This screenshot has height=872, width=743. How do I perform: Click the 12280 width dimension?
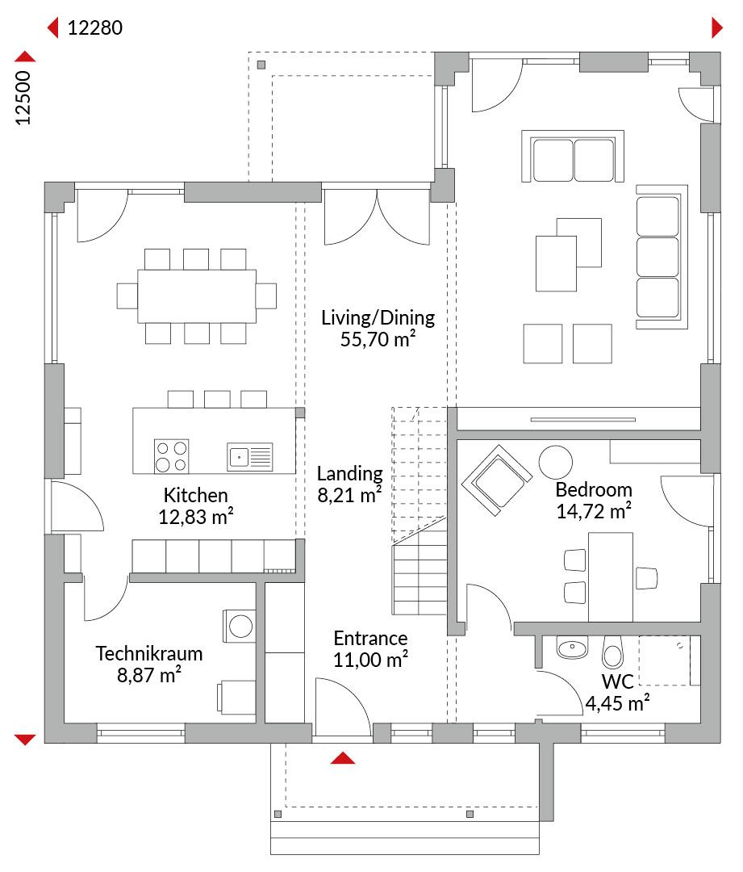click(95, 27)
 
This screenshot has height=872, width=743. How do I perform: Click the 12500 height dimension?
click(23, 98)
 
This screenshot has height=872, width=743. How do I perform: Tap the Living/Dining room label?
click(378, 317)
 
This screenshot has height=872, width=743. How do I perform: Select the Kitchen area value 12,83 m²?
click(195, 517)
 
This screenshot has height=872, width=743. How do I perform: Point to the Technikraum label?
click(149, 653)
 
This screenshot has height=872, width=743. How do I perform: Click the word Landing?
click(349, 474)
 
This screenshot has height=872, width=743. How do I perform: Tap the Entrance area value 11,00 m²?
click(370, 660)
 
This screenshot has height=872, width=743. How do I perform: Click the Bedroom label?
click(594, 490)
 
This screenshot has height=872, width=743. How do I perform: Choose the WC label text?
click(617, 681)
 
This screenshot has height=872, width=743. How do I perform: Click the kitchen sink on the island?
click(250, 456)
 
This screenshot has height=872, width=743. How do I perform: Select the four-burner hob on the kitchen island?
click(171, 456)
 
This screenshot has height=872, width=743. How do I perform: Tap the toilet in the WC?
click(612, 652)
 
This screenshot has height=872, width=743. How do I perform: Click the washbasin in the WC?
click(573, 648)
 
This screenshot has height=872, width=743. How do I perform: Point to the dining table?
click(197, 296)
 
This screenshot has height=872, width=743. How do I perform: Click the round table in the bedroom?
click(555, 462)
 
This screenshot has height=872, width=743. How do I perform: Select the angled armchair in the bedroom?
click(496, 480)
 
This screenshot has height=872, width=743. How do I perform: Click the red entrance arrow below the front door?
click(342, 758)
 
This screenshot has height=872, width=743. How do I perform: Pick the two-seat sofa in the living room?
click(573, 157)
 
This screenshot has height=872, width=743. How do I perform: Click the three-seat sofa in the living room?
click(662, 257)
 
